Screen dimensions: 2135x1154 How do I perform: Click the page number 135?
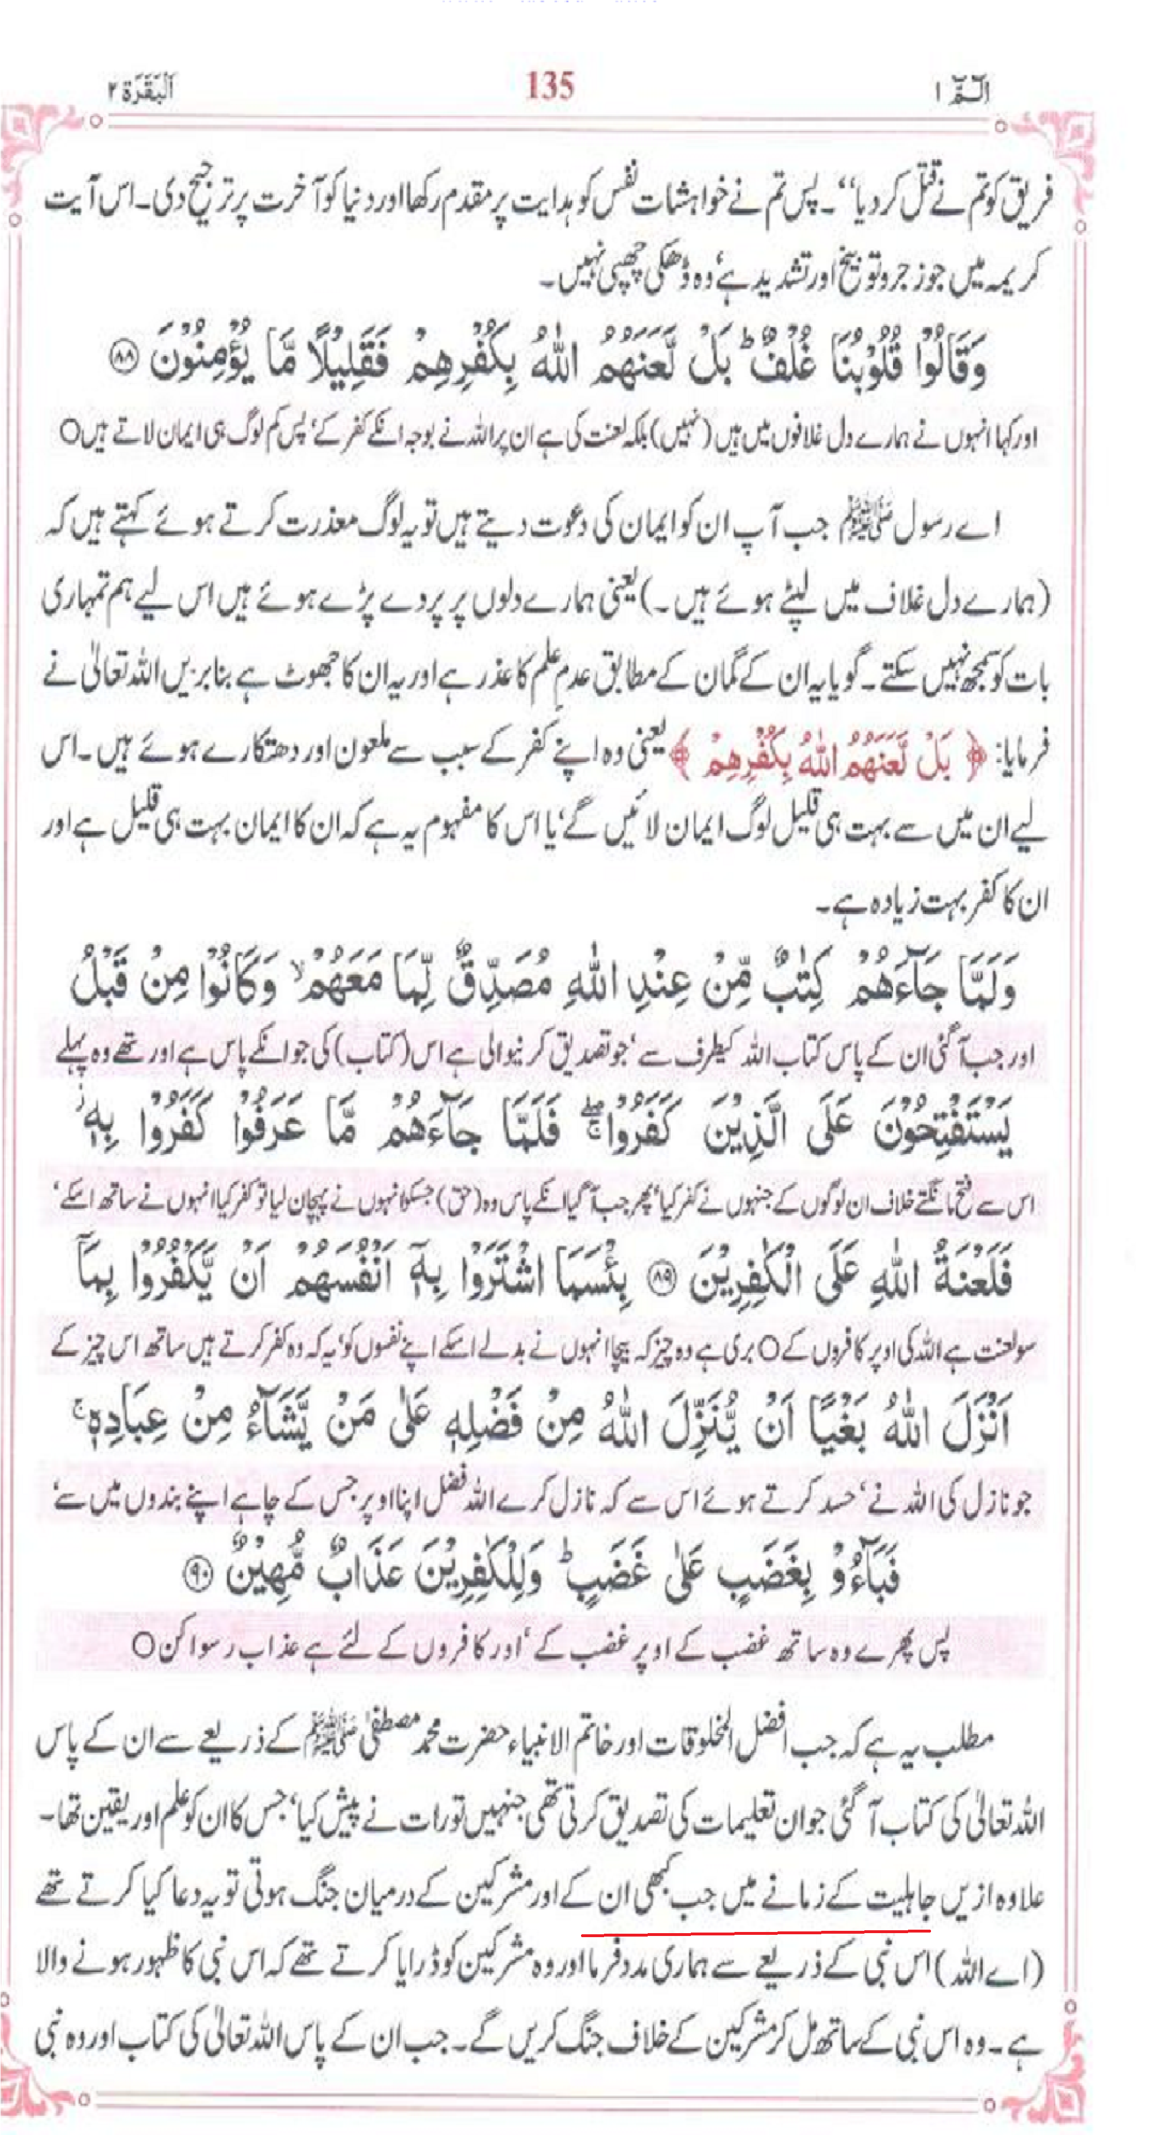pyautogui.click(x=549, y=85)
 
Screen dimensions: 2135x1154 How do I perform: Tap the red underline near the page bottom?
pyautogui.click(x=756, y=1930)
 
